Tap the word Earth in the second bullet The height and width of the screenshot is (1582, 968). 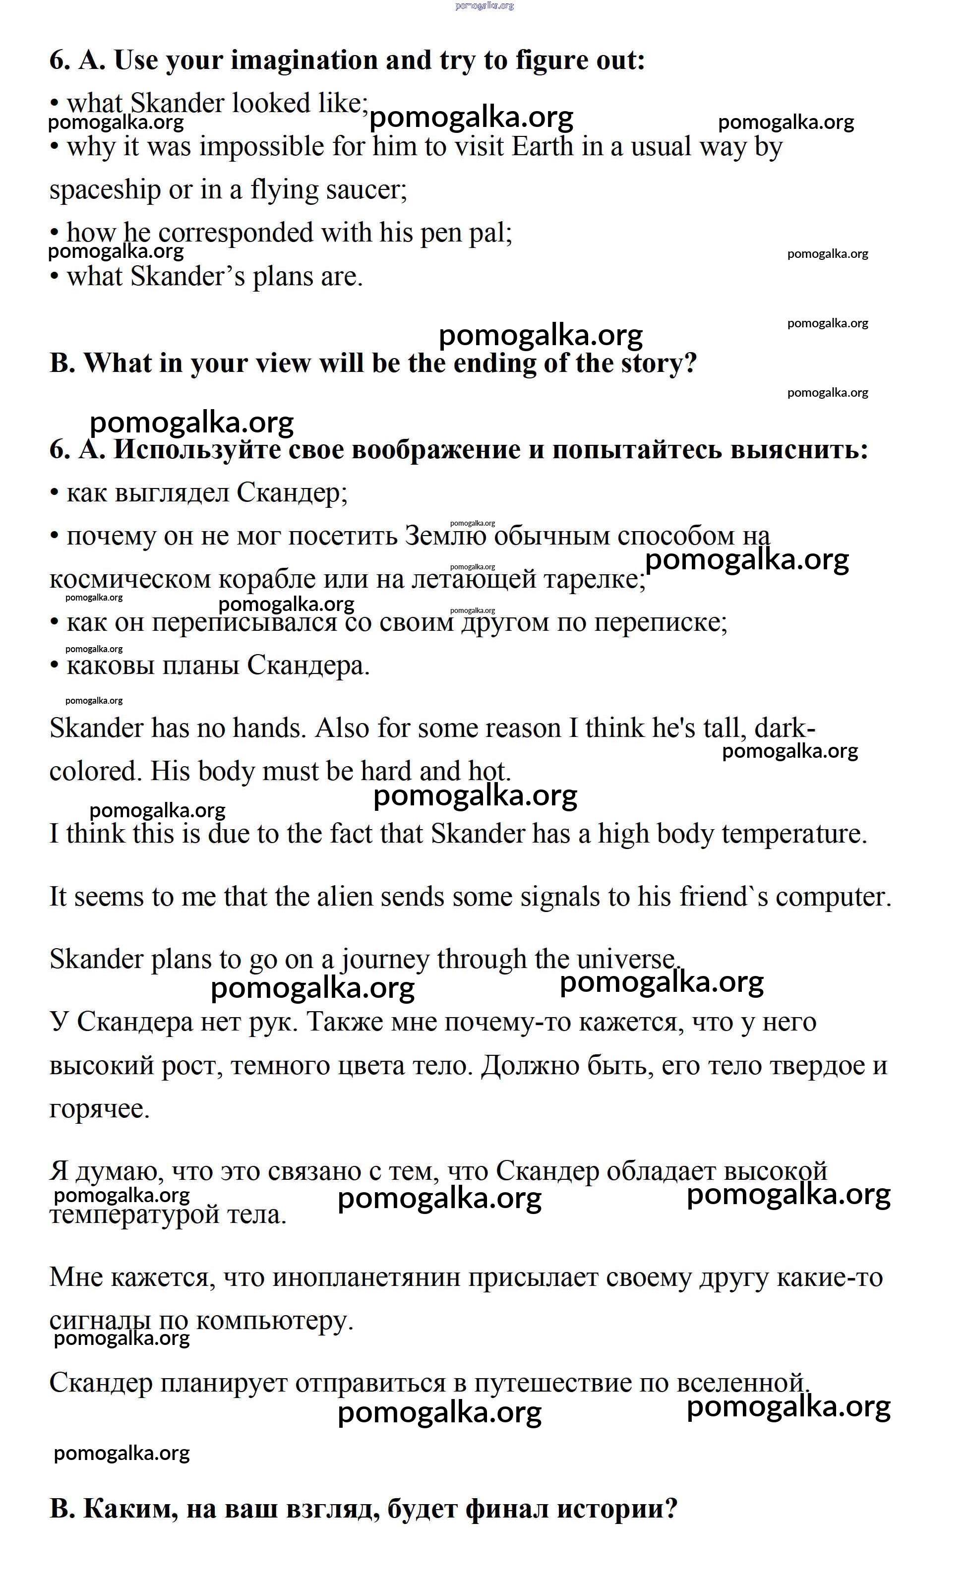click(x=542, y=147)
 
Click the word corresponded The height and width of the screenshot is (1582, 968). click(x=236, y=233)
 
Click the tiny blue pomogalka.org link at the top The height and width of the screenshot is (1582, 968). click(x=484, y=6)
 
